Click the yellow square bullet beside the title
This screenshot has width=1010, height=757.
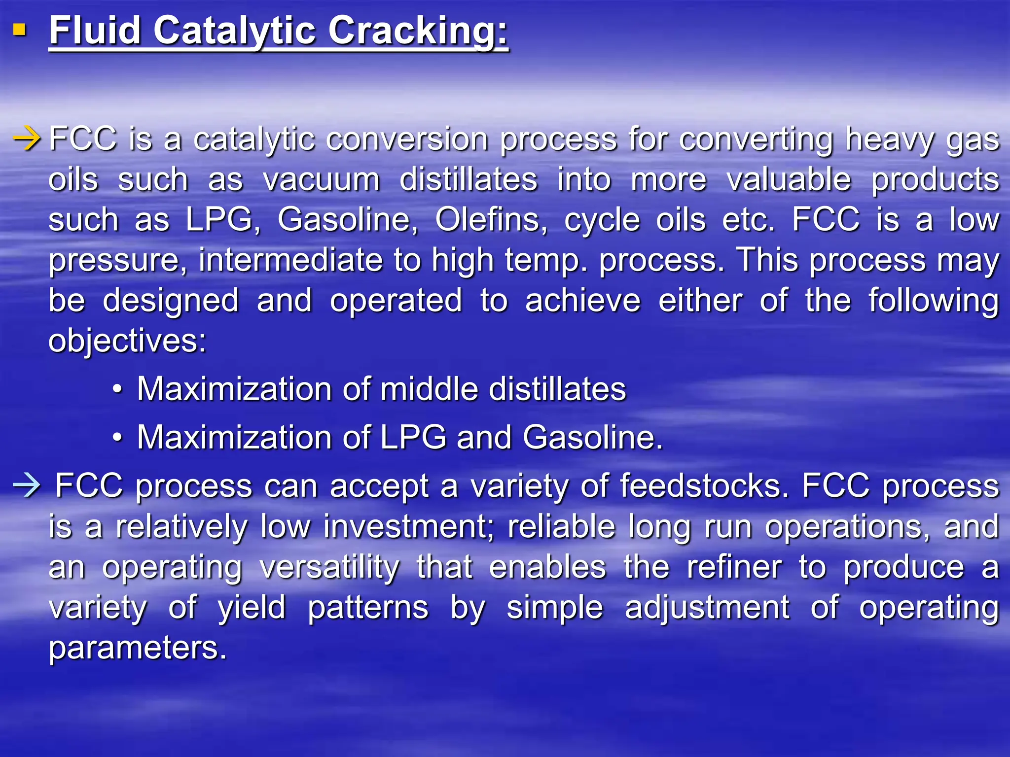(19, 31)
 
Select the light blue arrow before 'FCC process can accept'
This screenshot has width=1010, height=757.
(27, 486)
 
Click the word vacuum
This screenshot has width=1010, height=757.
(321, 179)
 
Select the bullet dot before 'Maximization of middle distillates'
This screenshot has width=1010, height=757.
(117, 389)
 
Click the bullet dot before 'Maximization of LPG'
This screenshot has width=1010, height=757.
(117, 438)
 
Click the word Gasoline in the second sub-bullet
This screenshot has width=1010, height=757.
(592, 438)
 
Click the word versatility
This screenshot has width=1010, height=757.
(329, 567)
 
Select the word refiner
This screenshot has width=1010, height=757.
(734, 567)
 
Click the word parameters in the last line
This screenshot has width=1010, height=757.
(138, 648)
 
